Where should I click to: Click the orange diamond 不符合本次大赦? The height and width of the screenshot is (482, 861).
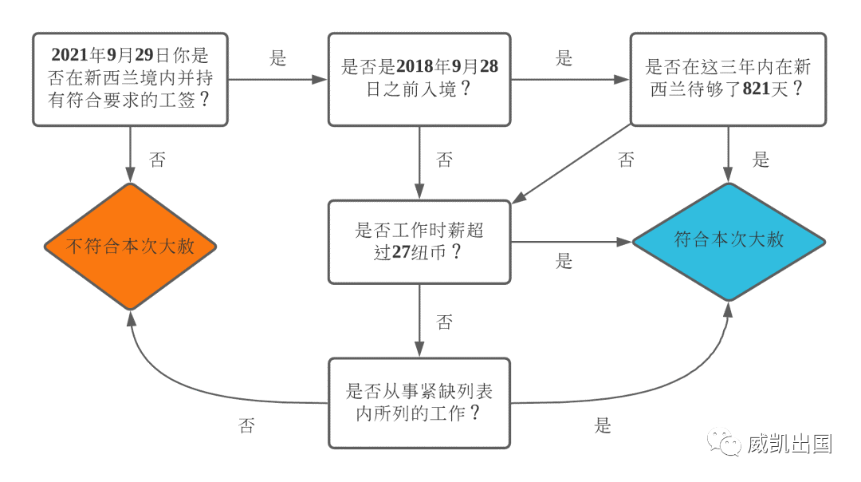pos(130,247)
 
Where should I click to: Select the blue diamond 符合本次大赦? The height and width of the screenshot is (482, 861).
pos(729,241)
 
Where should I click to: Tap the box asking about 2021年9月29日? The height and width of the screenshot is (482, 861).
pos(130,80)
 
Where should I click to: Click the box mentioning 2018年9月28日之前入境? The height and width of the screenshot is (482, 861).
pos(419,80)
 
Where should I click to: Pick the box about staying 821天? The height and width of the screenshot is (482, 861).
pos(728,80)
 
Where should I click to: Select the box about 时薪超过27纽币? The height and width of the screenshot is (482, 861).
pos(419,242)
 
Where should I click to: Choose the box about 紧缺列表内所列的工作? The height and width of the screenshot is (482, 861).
pos(419,404)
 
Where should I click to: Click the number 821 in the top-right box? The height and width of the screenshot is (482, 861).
pos(757,89)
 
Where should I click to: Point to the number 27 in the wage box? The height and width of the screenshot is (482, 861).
pos(401,251)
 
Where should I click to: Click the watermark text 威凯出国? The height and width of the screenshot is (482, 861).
pos(789,444)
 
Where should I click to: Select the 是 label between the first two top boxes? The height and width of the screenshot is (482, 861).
pos(278,57)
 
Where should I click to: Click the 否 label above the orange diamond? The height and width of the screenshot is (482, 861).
pos(158,160)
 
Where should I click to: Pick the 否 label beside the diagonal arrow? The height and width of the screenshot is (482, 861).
pos(626,160)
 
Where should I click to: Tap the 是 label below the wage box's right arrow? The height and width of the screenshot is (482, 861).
pos(564,260)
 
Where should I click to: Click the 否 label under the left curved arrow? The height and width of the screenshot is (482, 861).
pos(246,425)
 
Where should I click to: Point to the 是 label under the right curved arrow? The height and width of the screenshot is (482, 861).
pos(603,425)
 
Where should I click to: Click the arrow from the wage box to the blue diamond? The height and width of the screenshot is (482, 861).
pos(572,242)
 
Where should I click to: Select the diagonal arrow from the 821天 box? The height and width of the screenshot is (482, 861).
pos(572,164)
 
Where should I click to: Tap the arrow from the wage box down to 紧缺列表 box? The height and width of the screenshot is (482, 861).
pos(419,321)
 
